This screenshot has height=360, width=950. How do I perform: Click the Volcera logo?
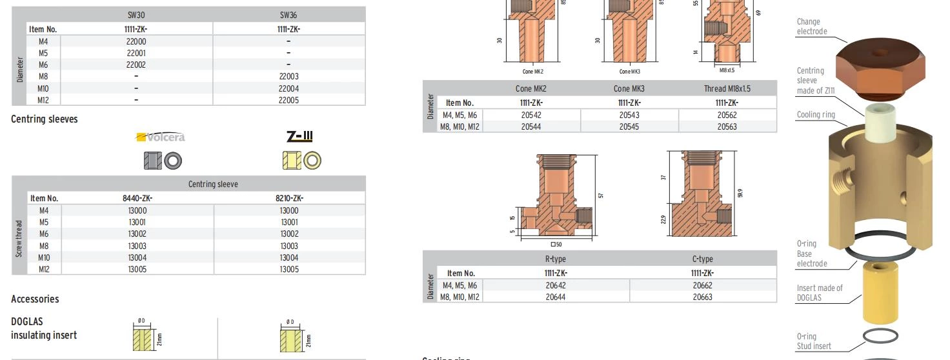(x=160, y=137)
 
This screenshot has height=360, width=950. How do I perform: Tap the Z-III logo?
(x=299, y=136)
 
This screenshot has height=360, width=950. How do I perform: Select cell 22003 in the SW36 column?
(x=289, y=76)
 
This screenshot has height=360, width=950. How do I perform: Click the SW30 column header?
(x=136, y=15)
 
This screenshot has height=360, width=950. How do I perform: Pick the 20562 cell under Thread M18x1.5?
(x=727, y=115)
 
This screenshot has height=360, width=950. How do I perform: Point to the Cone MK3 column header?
(x=629, y=88)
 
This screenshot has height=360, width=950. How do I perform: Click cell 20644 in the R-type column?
(x=556, y=297)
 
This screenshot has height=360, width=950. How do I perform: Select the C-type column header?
(x=702, y=259)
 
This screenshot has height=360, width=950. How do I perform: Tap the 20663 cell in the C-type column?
(x=702, y=297)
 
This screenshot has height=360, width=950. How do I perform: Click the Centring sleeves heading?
(x=45, y=119)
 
